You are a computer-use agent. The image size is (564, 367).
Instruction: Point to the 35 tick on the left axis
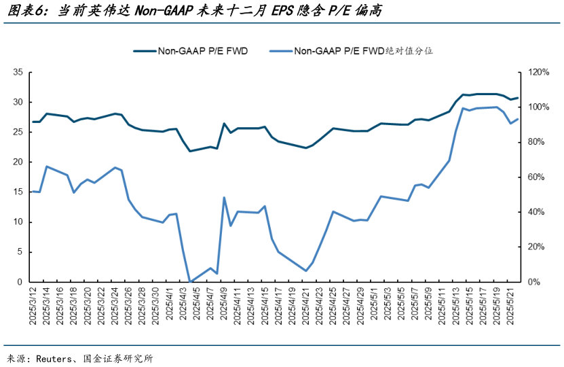coord(18,72)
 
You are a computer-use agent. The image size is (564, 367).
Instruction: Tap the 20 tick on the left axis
coord(18,162)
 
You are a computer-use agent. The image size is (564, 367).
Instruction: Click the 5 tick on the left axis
coord(21,251)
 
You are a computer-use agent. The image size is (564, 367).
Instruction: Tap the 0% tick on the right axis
coord(534,281)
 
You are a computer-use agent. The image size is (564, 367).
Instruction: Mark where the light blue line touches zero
coord(190,281)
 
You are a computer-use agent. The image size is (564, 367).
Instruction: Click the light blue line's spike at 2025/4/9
coord(224,198)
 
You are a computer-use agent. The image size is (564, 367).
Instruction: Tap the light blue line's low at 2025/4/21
coord(306,270)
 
